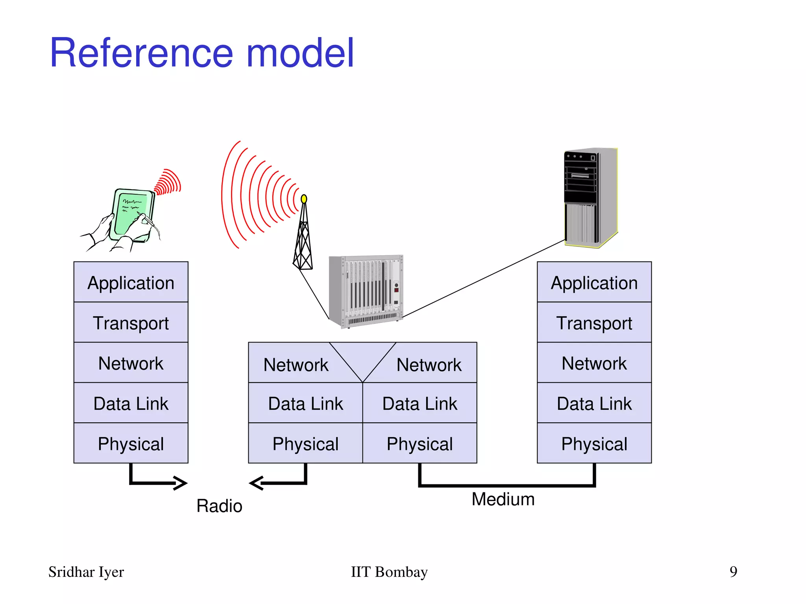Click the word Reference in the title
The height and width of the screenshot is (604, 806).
tap(142, 53)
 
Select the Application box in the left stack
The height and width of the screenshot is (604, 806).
tap(131, 282)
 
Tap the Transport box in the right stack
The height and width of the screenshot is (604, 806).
tap(594, 322)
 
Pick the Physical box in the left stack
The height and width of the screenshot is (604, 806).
tap(131, 443)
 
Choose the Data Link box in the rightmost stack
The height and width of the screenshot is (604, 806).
tap(594, 403)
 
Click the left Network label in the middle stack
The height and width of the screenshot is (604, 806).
tap(296, 365)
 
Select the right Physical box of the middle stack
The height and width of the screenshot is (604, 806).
tap(420, 443)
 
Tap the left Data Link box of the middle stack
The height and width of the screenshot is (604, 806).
tap(305, 403)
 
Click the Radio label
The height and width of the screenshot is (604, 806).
tap(219, 506)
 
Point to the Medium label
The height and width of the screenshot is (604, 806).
tap(503, 499)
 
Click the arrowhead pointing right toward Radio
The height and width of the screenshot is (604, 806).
tap(181, 483)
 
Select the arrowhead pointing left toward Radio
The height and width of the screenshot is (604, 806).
tap(256, 483)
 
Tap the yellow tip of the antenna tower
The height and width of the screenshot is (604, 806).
tap(304, 199)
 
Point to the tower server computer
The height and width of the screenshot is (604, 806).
tap(590, 197)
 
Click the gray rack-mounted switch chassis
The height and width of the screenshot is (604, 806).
tap(366, 291)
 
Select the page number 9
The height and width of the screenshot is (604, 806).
tap(733, 571)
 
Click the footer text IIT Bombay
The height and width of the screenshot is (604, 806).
tap(389, 572)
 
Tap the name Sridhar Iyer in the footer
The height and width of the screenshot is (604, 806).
tap(86, 572)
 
